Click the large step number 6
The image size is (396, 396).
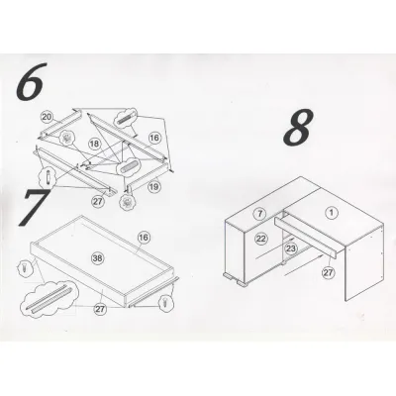coord(29,81)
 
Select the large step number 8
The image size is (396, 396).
coord(298,128)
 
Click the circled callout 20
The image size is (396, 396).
coord(47,117)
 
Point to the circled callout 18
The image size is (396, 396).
coord(94,144)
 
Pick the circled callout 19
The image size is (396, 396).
coord(153,187)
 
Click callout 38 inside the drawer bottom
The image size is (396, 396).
coord(97,258)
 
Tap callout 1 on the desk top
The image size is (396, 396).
coord(332,213)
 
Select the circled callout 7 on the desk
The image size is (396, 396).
coord(260,214)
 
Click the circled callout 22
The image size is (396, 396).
coord(261,239)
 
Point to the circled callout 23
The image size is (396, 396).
coord(291,248)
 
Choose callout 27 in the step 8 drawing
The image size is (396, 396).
coord(329,272)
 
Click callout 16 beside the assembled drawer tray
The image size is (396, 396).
coord(144,237)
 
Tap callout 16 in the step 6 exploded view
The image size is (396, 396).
coord(154,138)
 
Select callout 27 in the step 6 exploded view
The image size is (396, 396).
coord(98,201)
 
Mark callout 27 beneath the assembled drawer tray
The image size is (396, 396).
coord(100,309)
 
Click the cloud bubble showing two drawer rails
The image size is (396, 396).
coord(49,298)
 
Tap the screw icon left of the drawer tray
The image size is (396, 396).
coord(24,267)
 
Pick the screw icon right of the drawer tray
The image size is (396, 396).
coord(164,303)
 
